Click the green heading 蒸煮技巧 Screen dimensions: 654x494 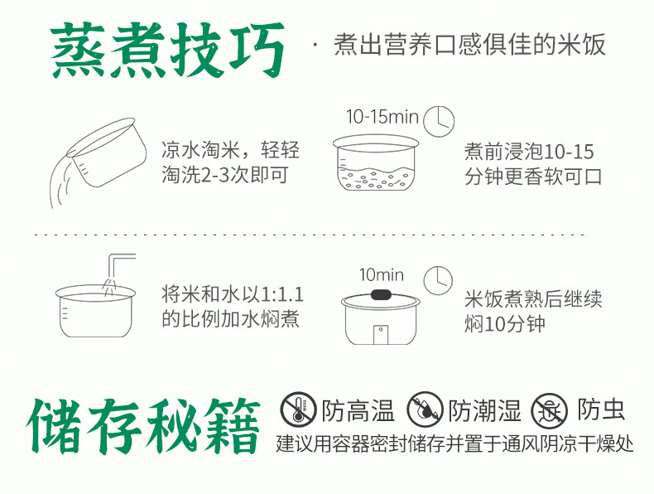click(x=168, y=50)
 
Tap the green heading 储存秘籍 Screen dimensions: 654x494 click(x=143, y=426)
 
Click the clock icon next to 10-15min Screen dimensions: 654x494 click(x=439, y=121)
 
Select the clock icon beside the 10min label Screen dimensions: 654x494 click(x=438, y=280)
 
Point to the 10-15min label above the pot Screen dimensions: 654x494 click(x=382, y=117)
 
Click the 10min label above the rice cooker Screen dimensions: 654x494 click(x=381, y=275)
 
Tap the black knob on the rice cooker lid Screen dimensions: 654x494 click(x=380, y=295)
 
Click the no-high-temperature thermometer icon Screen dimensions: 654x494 click(x=298, y=409)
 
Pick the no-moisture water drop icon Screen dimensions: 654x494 click(x=425, y=409)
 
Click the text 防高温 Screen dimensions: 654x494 click(x=358, y=410)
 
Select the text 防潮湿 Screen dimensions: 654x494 click(x=484, y=410)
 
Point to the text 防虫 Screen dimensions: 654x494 click(x=601, y=409)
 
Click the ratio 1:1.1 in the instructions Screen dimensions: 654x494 click(x=282, y=295)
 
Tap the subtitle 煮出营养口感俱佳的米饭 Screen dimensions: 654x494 click(x=469, y=45)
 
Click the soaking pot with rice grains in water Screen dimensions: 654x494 click(x=375, y=162)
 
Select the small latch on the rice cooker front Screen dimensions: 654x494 click(x=380, y=335)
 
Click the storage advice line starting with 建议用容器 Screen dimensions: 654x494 click(x=454, y=443)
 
